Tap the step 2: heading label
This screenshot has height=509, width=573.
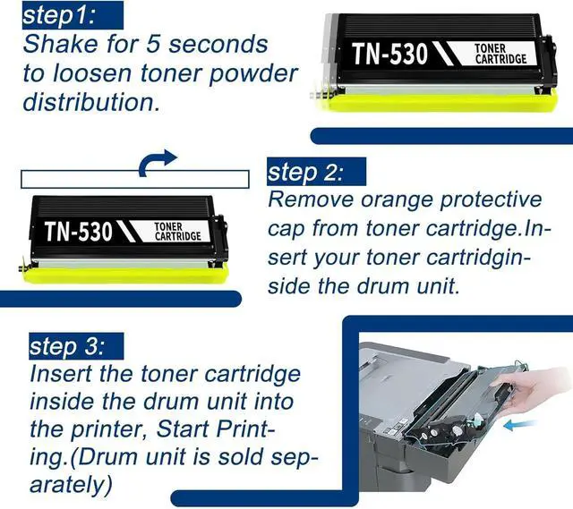pos(304,171)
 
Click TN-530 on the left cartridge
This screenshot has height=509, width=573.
pos(79,233)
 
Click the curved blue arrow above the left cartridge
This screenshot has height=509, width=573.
pos(158,161)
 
